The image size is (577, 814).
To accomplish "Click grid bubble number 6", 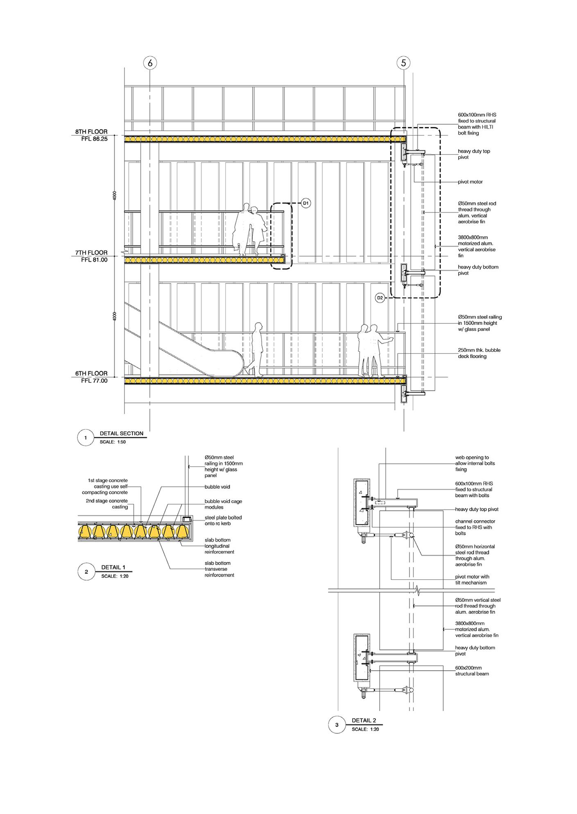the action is tap(150, 63).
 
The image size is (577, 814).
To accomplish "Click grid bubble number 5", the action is tap(404, 63).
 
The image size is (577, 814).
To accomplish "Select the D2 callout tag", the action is tap(380, 298).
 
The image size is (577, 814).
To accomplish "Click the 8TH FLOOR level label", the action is tap(91, 132).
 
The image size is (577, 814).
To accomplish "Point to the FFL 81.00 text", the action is tap(94, 260).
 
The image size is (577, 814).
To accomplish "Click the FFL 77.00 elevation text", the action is tap(94, 381).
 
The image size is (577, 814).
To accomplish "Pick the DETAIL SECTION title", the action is tap(122, 433).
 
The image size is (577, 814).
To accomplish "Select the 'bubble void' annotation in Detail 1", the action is tap(217, 487).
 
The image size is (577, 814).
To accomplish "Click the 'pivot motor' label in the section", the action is tap(471, 182).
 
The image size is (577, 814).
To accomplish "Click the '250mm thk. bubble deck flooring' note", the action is tap(479, 353).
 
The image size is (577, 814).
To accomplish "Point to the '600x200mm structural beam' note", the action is tap(472, 671).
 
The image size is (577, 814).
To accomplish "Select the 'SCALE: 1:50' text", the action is tap(113, 442).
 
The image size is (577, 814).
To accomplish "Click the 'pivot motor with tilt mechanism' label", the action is tap(472, 580).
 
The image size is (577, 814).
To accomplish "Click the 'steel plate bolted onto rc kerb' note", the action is tap(223, 520).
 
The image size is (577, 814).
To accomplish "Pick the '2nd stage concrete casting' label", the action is tap(107, 504).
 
